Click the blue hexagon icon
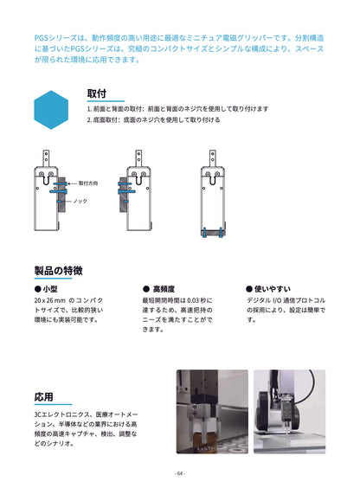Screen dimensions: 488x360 (51, 109)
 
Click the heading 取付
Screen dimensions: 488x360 (96, 93)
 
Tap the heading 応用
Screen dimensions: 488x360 (43, 397)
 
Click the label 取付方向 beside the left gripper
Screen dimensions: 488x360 (88, 184)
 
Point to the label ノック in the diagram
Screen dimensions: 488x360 (80, 201)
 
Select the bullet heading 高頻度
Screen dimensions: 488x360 (163, 289)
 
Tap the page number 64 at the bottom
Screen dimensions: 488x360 (179, 473)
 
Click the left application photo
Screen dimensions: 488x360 (208, 412)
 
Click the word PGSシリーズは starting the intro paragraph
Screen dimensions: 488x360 (54, 38)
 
